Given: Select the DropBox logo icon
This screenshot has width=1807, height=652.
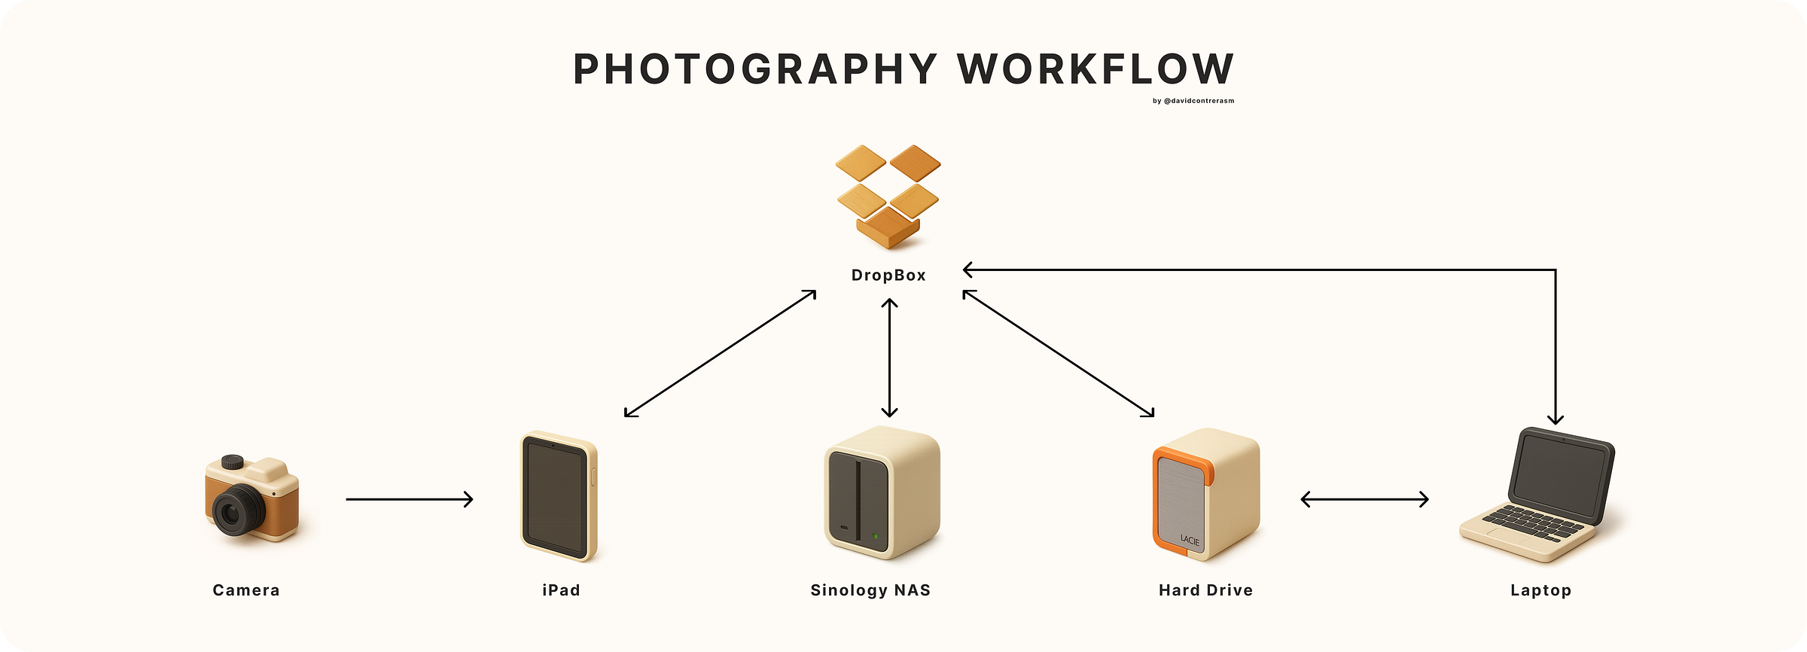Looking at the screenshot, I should (888, 195).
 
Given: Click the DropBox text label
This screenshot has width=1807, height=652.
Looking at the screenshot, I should (888, 276).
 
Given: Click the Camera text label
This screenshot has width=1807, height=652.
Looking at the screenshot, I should (246, 590).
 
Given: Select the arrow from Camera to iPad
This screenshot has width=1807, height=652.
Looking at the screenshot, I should (410, 498).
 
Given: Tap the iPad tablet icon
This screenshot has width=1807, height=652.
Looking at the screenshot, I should (558, 496).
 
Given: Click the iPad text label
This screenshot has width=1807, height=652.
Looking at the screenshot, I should (561, 590).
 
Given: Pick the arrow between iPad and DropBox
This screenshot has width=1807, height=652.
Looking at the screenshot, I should (720, 353).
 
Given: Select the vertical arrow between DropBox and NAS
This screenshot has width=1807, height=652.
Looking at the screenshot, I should (889, 358).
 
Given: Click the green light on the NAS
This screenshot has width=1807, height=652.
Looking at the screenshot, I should (875, 537).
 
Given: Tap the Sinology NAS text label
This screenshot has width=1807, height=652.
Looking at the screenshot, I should (870, 590).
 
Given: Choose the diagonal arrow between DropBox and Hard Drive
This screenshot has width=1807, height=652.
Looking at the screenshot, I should (1058, 353).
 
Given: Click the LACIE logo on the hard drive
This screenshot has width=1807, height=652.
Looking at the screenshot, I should (1190, 539).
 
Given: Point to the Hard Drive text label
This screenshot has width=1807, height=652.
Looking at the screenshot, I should (1205, 590).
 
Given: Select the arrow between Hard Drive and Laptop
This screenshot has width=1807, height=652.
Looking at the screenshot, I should (1364, 498).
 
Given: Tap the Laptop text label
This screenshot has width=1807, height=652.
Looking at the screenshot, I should (1540, 590).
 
